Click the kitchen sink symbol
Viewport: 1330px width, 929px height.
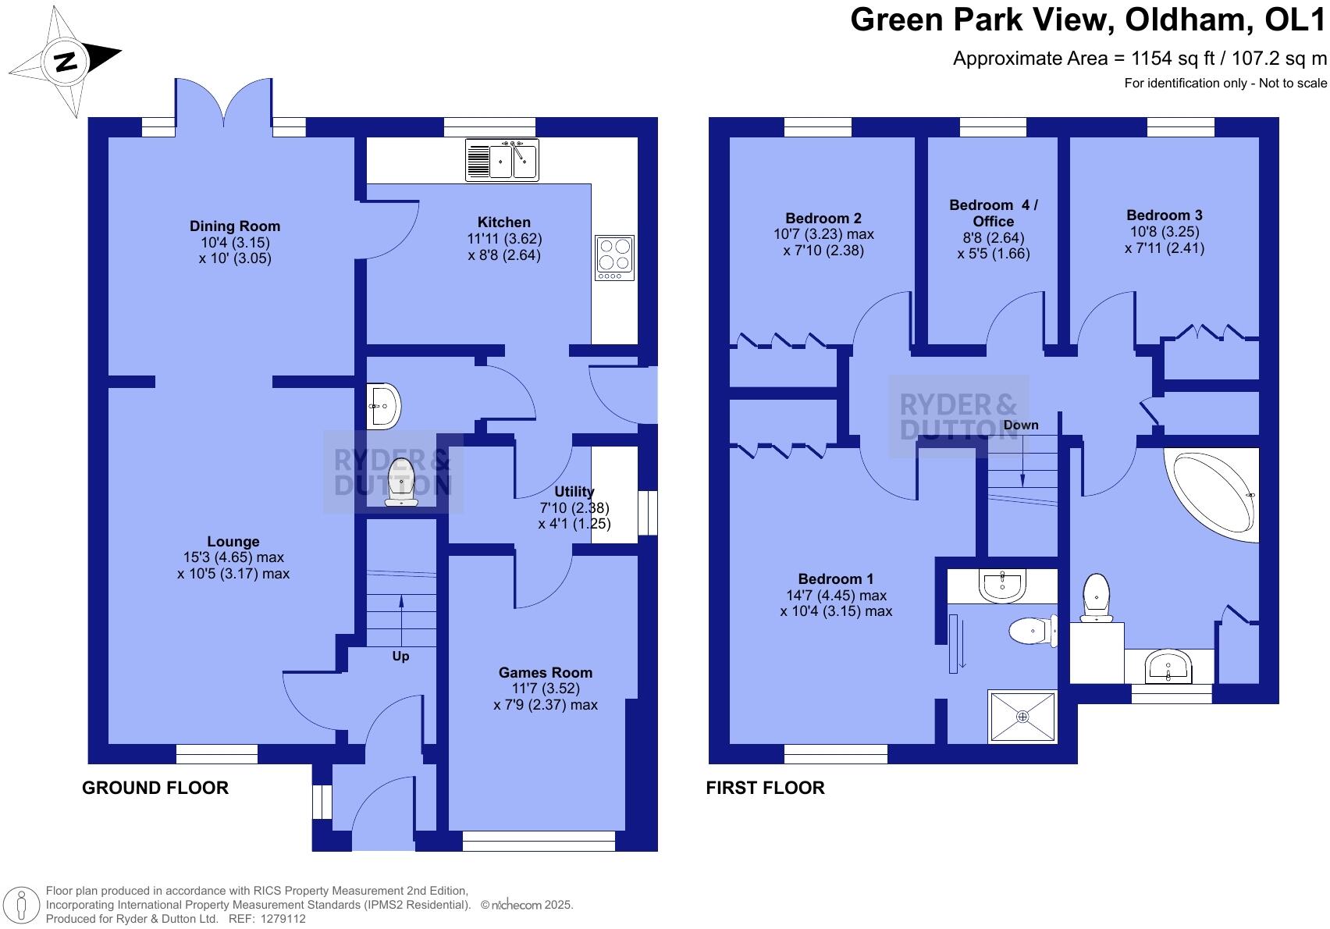coord(503,159)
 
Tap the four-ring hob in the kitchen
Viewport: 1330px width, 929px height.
coord(614,257)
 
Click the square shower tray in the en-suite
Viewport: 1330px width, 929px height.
coord(1022,716)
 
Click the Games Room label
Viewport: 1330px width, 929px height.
coord(545,672)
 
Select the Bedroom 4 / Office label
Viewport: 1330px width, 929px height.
coord(994,212)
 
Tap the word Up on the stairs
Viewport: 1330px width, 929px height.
coord(400,656)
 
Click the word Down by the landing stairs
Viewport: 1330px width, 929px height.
coord(1021,425)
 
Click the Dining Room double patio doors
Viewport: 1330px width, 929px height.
coord(224,101)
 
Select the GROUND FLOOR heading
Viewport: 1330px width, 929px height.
coord(155,788)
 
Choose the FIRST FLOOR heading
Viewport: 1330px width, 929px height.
coord(765,788)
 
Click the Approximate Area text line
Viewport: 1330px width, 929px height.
coord(1139,59)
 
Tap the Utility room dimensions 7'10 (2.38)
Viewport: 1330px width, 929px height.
coord(574,507)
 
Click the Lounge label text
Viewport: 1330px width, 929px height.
coord(233,541)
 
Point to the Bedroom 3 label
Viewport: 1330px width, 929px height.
coord(1164,215)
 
